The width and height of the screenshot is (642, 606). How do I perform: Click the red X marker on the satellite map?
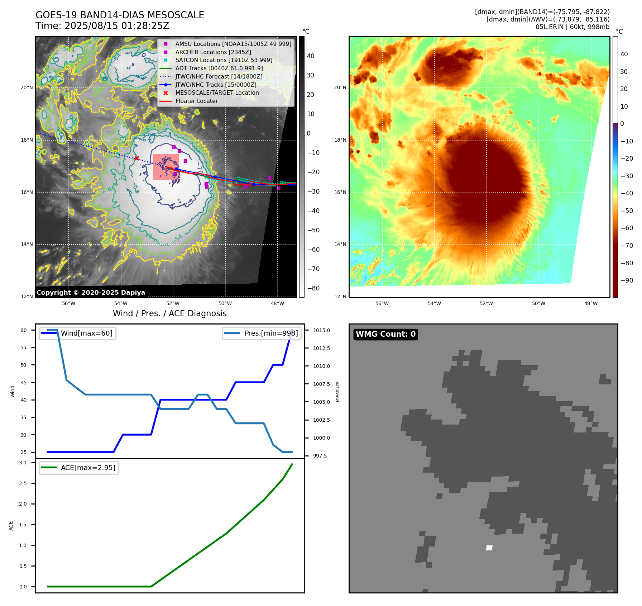tap(137, 158)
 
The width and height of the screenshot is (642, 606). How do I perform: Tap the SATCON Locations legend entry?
tap(224, 60)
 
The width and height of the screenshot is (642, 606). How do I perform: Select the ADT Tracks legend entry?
tap(219, 68)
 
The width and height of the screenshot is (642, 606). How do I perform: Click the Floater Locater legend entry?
tap(196, 101)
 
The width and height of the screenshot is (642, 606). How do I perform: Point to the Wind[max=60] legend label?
tap(86, 333)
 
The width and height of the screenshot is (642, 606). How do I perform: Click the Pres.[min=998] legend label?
tap(271, 333)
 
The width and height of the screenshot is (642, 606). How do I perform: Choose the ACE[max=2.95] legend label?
tap(88, 468)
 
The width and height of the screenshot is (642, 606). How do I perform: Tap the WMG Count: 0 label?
tap(385, 334)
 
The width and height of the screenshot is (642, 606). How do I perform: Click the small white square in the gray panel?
tap(489, 548)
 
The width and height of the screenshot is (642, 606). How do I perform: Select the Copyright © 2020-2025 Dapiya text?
tap(91, 293)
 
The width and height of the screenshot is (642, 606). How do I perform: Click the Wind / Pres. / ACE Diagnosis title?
tap(169, 313)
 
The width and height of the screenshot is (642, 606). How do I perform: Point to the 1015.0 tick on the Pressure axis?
tap(321, 330)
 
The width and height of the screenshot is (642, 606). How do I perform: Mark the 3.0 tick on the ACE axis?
tap(23, 463)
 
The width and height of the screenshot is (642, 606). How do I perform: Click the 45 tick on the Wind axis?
tap(23, 383)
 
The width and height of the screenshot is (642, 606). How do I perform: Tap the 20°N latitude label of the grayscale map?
tap(27, 87)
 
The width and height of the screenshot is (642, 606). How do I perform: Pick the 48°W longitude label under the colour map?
tap(591, 303)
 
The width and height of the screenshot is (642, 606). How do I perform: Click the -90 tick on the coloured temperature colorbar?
tap(627, 280)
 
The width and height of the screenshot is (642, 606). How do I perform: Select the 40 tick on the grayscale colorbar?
tap(311, 56)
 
